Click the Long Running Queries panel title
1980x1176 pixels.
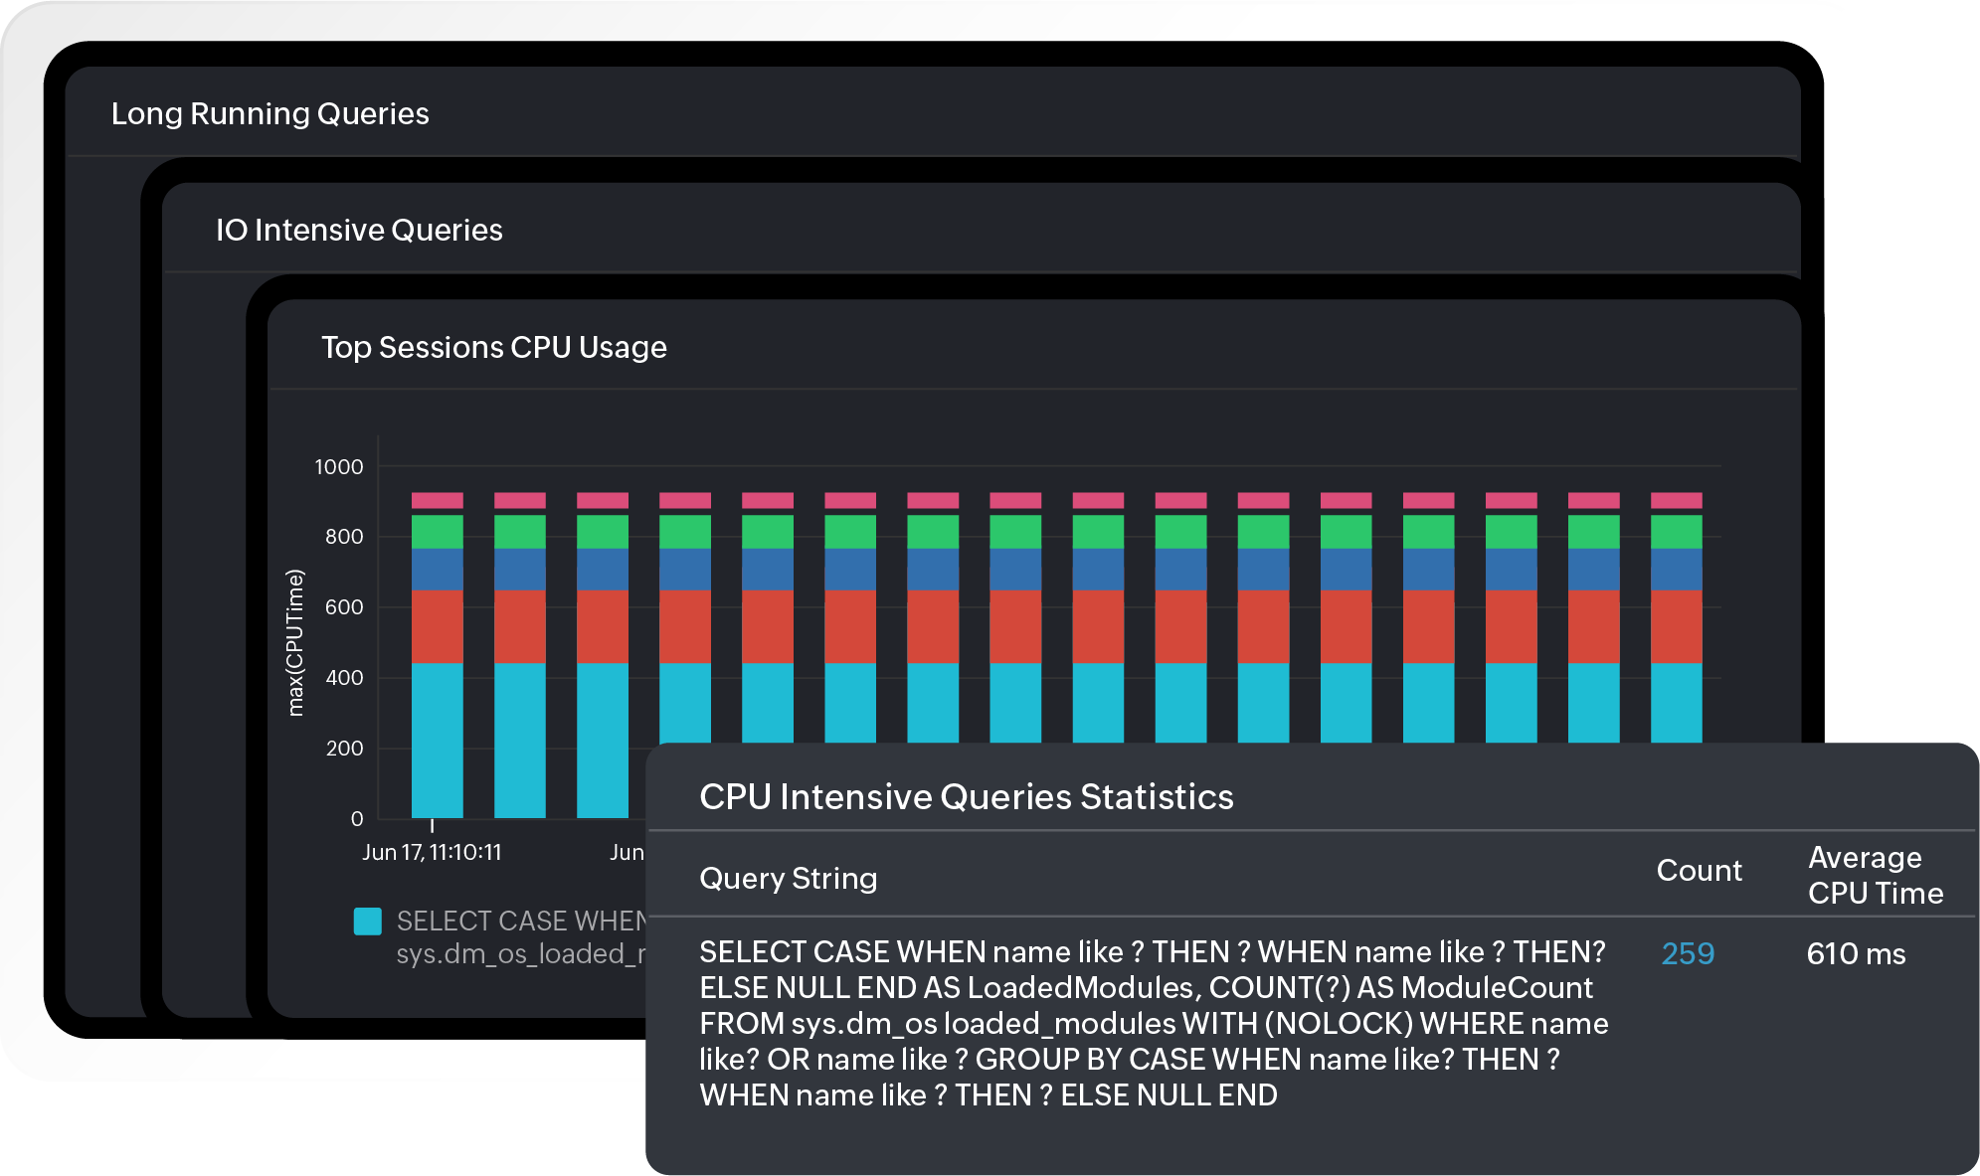(x=270, y=114)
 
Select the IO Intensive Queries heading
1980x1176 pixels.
(x=359, y=231)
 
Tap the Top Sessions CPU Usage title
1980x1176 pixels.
(x=493, y=348)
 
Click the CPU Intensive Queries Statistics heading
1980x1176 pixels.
(x=966, y=797)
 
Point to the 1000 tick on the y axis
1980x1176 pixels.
(x=339, y=467)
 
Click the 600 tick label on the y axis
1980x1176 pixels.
(x=344, y=607)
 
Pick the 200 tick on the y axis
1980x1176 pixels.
(x=344, y=749)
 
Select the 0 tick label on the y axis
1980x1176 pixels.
(x=357, y=819)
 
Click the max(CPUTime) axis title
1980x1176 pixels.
(x=294, y=642)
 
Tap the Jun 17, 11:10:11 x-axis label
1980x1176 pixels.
(x=432, y=853)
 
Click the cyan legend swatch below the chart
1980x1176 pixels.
(x=368, y=922)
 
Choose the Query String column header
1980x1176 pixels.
(x=788, y=879)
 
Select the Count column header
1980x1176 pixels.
(x=1699, y=871)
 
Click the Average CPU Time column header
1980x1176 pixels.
(x=1875, y=876)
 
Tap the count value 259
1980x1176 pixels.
(x=1688, y=954)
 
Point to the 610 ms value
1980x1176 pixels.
(x=1856, y=954)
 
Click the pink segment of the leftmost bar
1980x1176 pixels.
(x=438, y=500)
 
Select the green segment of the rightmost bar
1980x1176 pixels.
(x=1676, y=532)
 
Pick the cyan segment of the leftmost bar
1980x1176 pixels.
(x=438, y=741)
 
